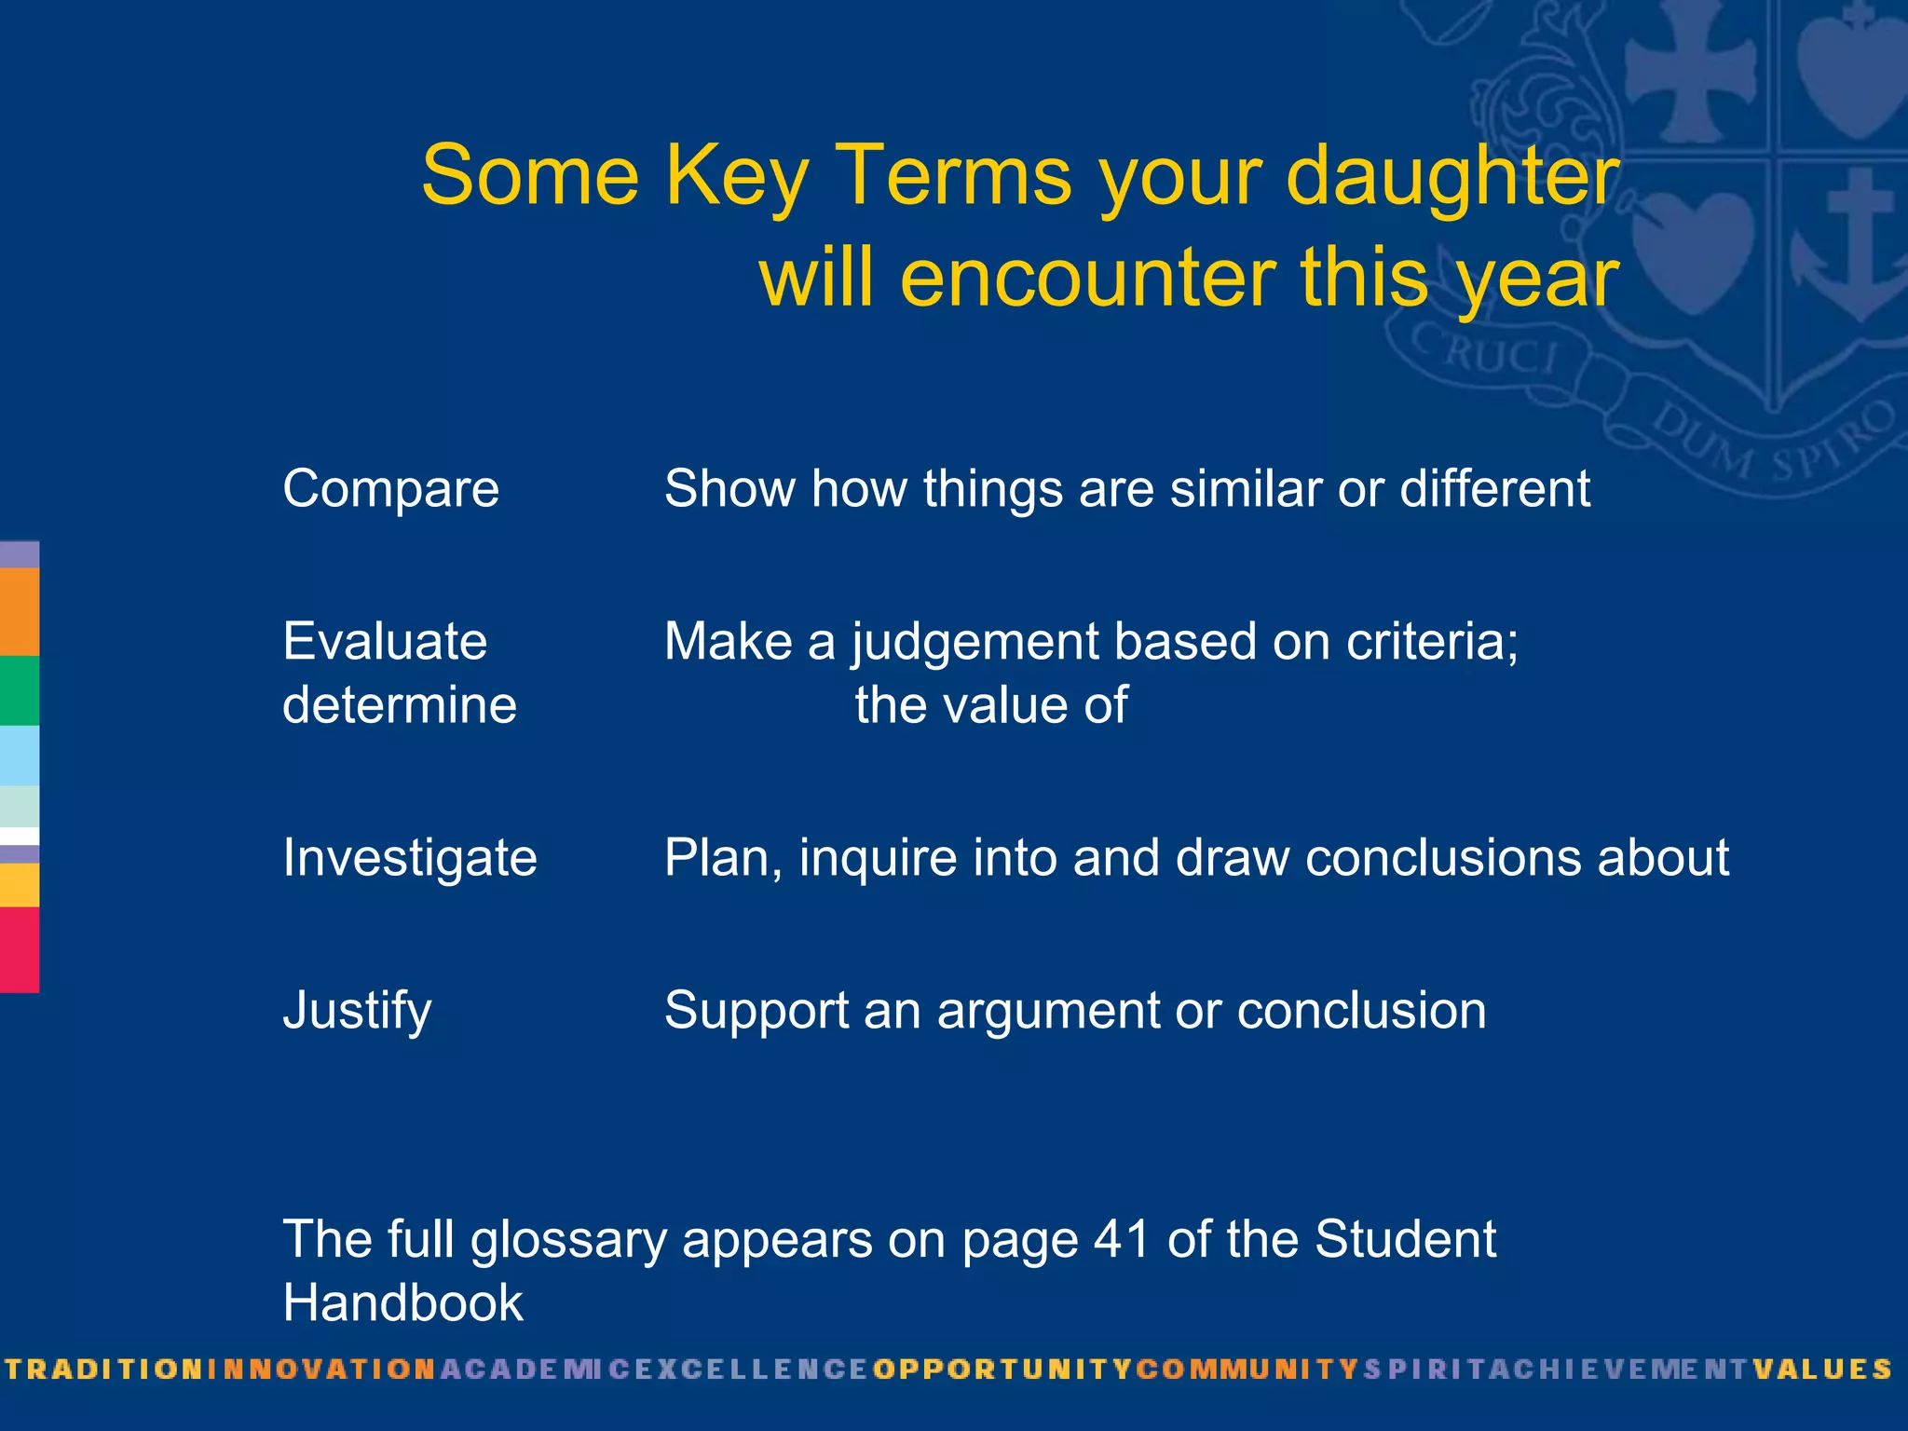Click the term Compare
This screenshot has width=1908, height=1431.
(390, 489)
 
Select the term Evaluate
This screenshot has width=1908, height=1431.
(384, 642)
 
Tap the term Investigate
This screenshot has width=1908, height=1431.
(409, 857)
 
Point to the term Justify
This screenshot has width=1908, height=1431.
(357, 1011)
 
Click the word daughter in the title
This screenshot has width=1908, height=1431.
(1452, 177)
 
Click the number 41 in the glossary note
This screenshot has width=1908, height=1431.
(1121, 1240)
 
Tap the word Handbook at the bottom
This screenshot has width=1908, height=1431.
(402, 1302)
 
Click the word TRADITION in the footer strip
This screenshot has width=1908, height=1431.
(103, 1370)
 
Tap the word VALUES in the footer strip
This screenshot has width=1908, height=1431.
(1822, 1370)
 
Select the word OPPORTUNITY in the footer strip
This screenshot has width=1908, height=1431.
(1002, 1370)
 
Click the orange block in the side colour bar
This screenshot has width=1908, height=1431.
(19, 611)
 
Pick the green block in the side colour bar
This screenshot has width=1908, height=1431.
(19, 690)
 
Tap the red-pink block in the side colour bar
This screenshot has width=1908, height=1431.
(19, 949)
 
